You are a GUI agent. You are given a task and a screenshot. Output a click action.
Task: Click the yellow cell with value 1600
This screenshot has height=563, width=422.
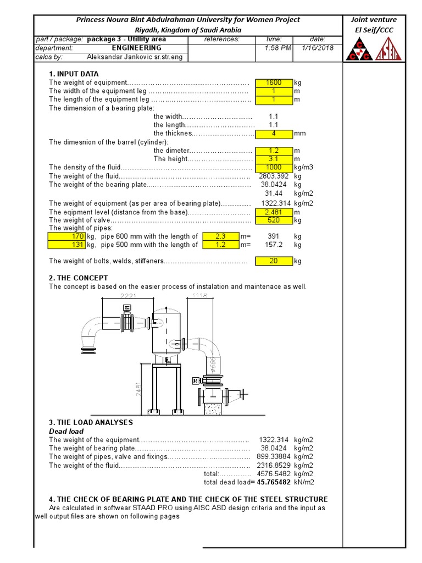point(274,82)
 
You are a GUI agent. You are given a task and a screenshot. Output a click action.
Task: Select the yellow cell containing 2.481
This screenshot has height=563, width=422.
point(274,212)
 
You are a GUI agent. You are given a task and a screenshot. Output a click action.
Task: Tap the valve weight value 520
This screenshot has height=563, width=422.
point(274,220)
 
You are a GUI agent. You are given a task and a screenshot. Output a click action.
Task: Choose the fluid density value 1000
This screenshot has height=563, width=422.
point(274,167)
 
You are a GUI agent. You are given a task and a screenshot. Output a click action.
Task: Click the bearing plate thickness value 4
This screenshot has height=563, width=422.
point(274,133)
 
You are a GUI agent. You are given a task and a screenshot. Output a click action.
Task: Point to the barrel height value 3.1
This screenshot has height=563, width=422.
point(274,158)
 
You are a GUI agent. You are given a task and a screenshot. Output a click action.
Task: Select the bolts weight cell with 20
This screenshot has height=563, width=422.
point(274,261)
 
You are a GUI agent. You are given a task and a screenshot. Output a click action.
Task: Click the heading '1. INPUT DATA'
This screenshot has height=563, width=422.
point(74,74)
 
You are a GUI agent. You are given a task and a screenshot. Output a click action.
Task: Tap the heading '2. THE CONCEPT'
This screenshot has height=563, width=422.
point(79,278)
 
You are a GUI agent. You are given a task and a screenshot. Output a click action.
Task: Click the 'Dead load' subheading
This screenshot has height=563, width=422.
point(66,432)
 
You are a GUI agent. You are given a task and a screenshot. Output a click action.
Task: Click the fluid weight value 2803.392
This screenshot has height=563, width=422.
point(273,176)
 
